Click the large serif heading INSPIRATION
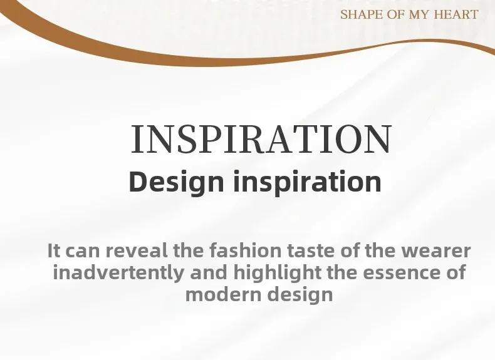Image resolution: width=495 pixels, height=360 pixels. [261, 139]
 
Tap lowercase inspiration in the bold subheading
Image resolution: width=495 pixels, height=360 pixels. [308, 182]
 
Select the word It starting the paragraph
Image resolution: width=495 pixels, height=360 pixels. [54, 250]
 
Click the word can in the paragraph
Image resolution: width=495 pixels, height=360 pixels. [83, 252]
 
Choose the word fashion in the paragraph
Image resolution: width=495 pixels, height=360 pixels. [245, 250]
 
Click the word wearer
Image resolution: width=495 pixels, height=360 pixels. [436, 252]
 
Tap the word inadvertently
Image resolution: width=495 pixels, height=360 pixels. [118, 273]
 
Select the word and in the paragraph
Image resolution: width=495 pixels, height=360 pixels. [209, 272]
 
